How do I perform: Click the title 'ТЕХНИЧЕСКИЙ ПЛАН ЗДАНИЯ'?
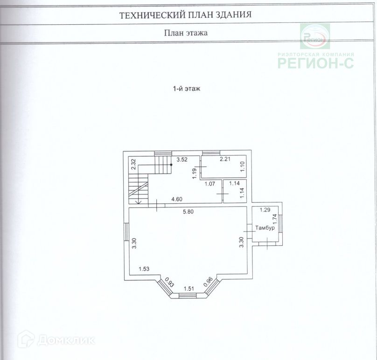click(x=186, y=14)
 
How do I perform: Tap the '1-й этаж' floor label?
click(x=186, y=89)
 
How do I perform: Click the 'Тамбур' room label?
click(x=265, y=228)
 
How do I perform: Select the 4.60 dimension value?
click(x=177, y=200)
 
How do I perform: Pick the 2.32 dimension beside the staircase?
click(x=133, y=164)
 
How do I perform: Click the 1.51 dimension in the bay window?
click(x=188, y=289)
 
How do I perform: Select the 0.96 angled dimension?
click(x=209, y=282)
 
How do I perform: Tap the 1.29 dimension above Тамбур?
click(x=265, y=210)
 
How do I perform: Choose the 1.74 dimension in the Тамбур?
click(x=275, y=219)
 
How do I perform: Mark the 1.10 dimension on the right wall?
click(x=242, y=166)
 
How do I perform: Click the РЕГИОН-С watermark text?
click(x=316, y=62)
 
